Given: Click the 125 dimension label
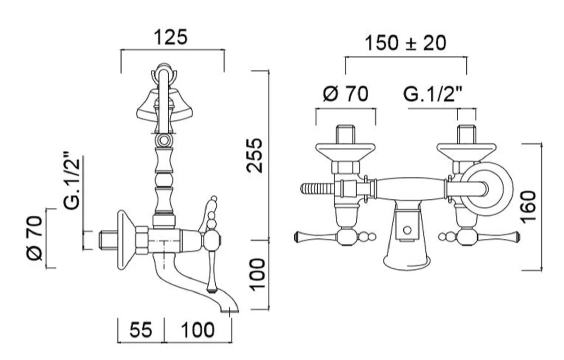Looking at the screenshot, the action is pyautogui.click(x=171, y=37).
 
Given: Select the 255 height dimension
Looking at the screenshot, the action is pyautogui.click(x=254, y=156).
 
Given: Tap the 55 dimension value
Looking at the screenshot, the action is pyautogui.click(x=141, y=330).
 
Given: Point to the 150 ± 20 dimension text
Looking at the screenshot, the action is pyautogui.click(x=405, y=43).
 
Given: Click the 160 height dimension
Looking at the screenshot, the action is pyautogui.click(x=528, y=207).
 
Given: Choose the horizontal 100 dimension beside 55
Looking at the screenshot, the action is pyautogui.click(x=198, y=330).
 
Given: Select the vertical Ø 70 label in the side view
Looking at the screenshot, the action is pyautogui.click(x=34, y=238).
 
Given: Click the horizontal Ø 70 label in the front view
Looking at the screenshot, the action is pyautogui.click(x=346, y=94).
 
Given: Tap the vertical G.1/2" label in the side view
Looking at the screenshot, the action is pyautogui.click(x=72, y=181).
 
